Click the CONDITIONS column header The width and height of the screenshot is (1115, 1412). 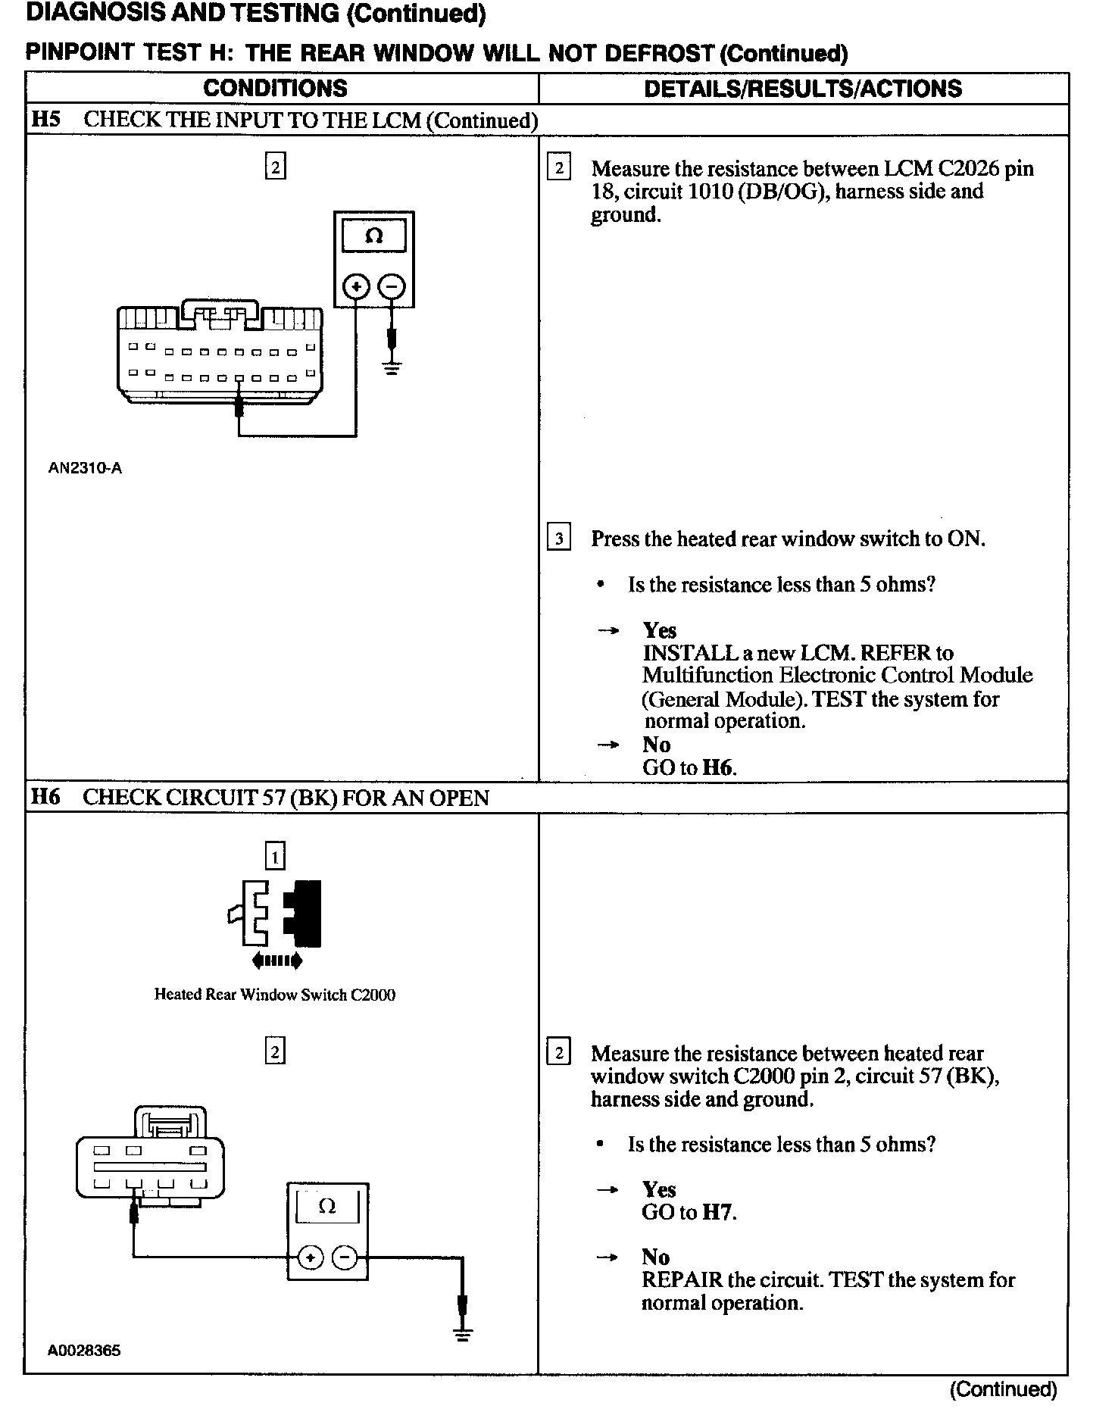275,89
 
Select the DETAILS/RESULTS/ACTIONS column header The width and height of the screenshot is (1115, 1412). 803,89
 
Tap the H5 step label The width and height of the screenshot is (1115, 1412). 46,120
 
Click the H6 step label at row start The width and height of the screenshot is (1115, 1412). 45,797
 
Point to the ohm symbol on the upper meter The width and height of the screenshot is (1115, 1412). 373,236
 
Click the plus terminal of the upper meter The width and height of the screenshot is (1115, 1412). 357,287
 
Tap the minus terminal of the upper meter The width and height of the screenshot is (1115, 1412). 392,287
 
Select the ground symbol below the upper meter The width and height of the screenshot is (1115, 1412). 392,370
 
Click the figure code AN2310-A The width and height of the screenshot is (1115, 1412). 85,468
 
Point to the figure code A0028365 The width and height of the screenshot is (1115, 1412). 84,1350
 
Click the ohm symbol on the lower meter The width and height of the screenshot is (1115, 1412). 327,1206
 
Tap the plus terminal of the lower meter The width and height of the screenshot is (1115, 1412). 309,1258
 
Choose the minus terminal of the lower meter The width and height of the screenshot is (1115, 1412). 345,1258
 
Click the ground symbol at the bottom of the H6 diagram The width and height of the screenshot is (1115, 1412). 463,1335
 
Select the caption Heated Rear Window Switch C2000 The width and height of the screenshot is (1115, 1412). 275,995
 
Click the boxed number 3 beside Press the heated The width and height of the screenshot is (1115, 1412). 559,539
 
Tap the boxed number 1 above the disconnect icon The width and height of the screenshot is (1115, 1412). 275,857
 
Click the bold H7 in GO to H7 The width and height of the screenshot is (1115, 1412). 718,1212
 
